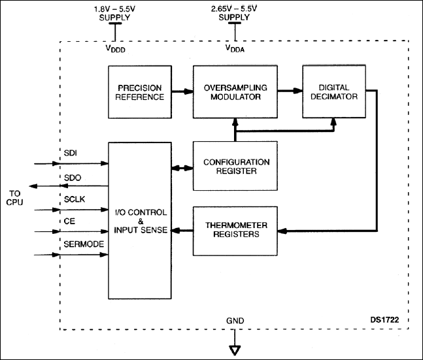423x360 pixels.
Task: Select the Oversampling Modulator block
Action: pyautogui.click(x=235, y=92)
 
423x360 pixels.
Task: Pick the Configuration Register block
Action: pyautogui.click(x=235, y=166)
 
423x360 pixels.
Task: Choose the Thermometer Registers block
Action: pyautogui.click(x=235, y=231)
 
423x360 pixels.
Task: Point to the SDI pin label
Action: pyautogui.click(x=71, y=152)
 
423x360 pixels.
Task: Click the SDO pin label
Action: pyautogui.click(x=72, y=178)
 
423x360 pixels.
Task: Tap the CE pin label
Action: pyautogui.click(x=69, y=221)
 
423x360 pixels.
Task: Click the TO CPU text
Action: pyautogui.click(x=14, y=198)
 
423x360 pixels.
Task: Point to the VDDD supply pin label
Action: pyautogui.click(x=115, y=48)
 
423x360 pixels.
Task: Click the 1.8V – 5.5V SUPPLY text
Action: pyautogui.click(x=115, y=12)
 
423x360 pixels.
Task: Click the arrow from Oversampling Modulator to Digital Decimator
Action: pyautogui.click(x=289, y=92)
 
